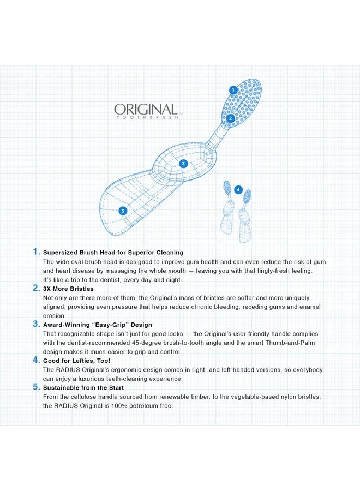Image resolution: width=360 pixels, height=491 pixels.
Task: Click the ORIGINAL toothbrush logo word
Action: tap(145, 110)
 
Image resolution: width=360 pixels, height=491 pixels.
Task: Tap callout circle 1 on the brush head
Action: tap(233, 90)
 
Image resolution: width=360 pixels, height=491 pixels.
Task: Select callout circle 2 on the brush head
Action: tap(231, 118)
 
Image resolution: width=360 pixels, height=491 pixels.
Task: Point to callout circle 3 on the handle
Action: tap(183, 163)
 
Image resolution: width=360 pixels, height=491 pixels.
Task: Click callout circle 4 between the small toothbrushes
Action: tap(238, 190)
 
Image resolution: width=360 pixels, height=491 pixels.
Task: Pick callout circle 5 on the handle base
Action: tap(123, 211)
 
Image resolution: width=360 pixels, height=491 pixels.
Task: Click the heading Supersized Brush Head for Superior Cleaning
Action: tap(113, 253)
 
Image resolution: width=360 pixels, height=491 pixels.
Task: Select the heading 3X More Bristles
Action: tap(68, 289)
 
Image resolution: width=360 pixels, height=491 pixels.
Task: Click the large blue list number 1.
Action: tap(36, 252)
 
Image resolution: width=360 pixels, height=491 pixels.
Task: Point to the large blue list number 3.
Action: tap(36, 324)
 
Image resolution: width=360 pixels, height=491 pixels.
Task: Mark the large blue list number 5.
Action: tap(36, 387)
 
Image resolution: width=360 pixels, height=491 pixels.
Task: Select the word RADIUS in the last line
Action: tap(68, 406)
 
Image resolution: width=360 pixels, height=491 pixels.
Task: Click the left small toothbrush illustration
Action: tap(227, 207)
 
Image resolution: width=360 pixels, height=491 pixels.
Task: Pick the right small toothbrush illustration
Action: tap(246, 215)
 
